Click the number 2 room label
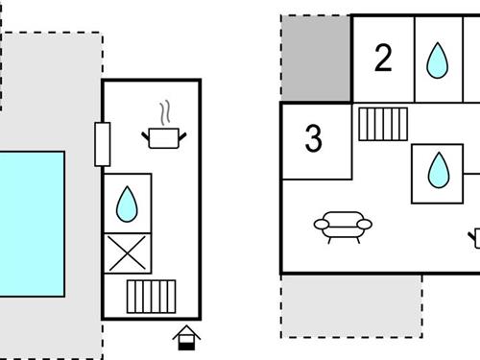pyautogui.click(x=383, y=60)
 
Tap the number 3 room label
pyautogui.click(x=313, y=139)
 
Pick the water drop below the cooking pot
pyautogui.click(x=127, y=203)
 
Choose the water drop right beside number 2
pyautogui.click(x=437, y=61)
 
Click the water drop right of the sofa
pyautogui.click(x=437, y=172)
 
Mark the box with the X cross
pyautogui.click(x=128, y=253)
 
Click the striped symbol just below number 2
pyautogui.click(x=383, y=124)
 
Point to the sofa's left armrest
pyautogui.click(x=320, y=227)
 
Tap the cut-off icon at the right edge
pyautogui.click(x=475, y=234)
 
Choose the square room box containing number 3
pyautogui.click(x=318, y=140)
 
